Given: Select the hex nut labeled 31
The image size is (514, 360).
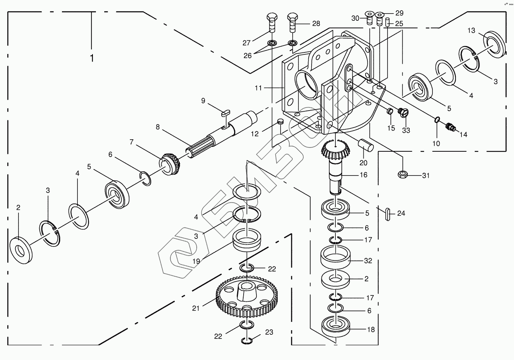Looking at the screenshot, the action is (403, 175).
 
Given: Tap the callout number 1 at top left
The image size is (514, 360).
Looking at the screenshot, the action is (92, 58).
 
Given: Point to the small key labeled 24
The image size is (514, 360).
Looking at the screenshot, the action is (387, 214).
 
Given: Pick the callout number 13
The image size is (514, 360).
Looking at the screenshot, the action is (471, 31).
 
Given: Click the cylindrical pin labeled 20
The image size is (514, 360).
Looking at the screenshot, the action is (366, 145).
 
